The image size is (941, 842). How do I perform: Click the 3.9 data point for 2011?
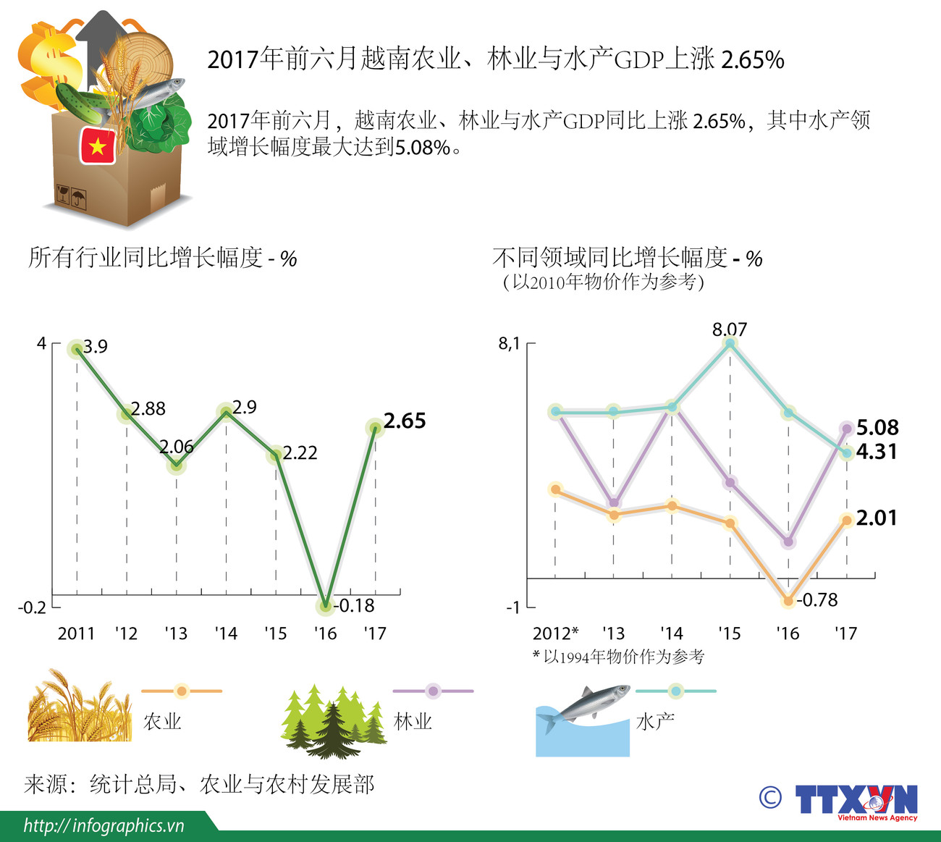coord(77,350)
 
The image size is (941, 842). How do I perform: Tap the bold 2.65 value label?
coord(405,421)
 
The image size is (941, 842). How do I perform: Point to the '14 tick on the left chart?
coord(226,633)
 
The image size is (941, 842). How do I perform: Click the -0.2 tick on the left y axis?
coord(32,607)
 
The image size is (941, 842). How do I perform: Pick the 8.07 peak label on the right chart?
coord(729,329)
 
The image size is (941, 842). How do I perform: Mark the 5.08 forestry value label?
coord(877,427)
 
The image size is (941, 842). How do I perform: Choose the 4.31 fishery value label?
coord(877,452)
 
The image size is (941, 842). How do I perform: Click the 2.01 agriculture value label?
coord(877,518)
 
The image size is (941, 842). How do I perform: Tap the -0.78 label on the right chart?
coord(817,599)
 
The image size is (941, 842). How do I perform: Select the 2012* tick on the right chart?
coord(555,633)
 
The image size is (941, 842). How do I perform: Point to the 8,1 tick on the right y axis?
coord(510,344)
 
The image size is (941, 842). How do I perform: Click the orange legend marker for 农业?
coord(182,691)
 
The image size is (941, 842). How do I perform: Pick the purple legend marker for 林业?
coord(433,691)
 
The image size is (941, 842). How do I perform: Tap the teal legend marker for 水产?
coord(675,691)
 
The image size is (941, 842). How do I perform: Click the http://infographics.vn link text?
coord(104,825)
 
